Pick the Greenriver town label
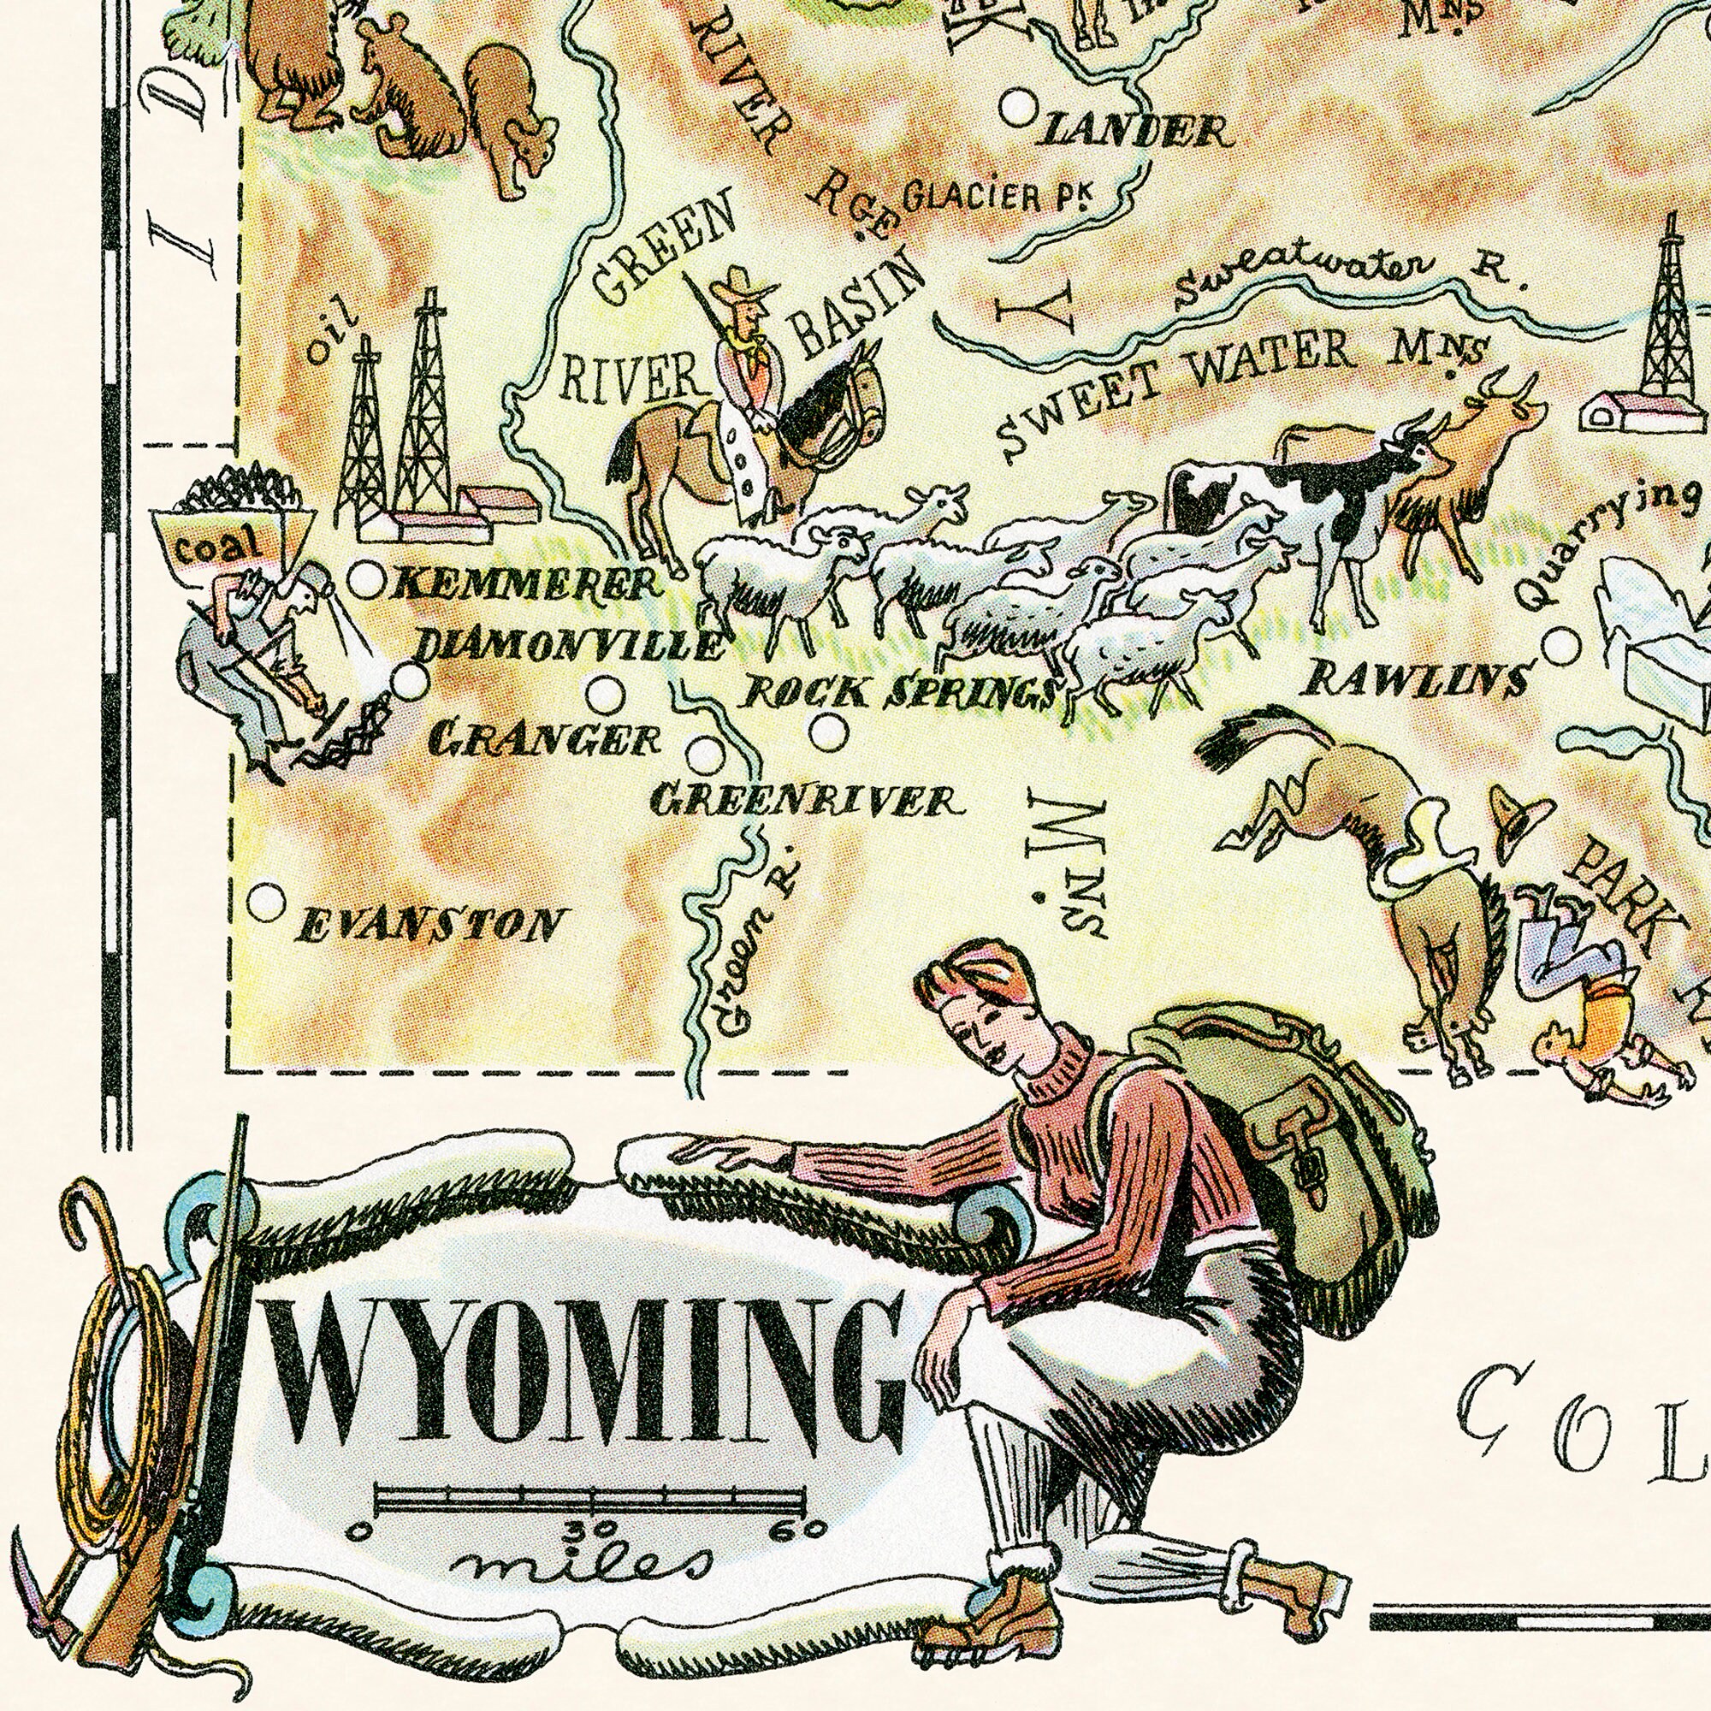(x=804, y=802)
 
